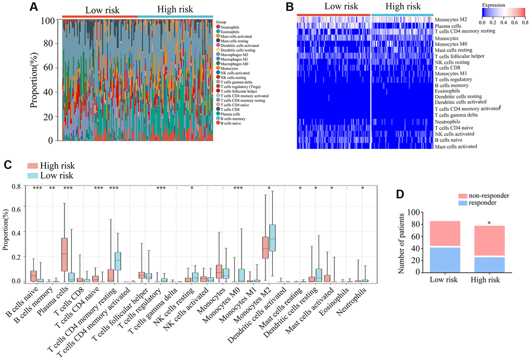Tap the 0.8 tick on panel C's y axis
tap(18, 186)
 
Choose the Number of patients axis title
tap(401, 243)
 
